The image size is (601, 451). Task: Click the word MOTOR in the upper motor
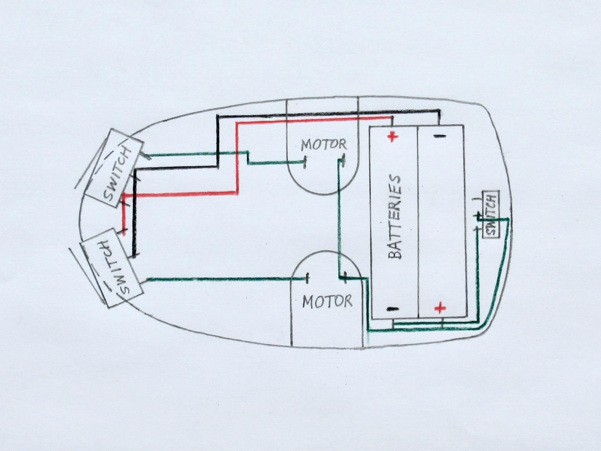pyautogui.click(x=324, y=145)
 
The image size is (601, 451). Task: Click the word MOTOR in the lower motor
pyautogui.click(x=327, y=302)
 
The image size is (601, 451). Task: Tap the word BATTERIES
pyautogui.click(x=395, y=217)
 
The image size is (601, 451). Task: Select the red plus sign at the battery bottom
pyautogui.click(x=440, y=308)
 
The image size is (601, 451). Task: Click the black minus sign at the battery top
pyautogui.click(x=440, y=136)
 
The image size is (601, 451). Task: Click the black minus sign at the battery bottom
pyautogui.click(x=393, y=309)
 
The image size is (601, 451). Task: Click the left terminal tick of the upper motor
pyautogui.click(x=305, y=163)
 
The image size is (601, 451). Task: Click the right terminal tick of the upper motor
pyautogui.click(x=343, y=160)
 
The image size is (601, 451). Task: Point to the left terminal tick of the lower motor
pyautogui.click(x=308, y=278)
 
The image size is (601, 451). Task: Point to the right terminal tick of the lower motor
pyautogui.click(x=345, y=277)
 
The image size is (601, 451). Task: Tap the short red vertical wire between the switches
pyautogui.click(x=124, y=213)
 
